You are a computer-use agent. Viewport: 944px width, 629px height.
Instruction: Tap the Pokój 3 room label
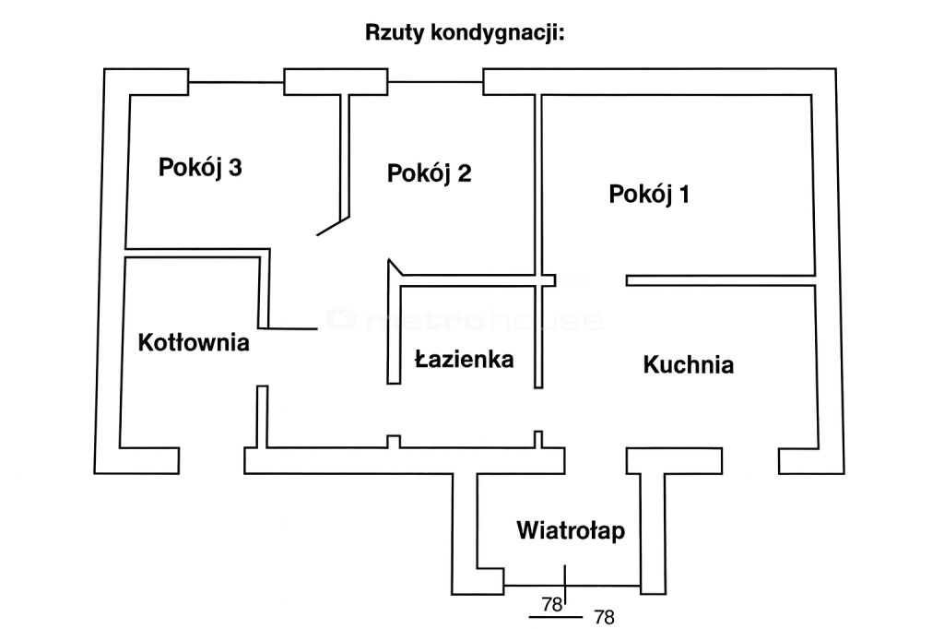tap(200, 168)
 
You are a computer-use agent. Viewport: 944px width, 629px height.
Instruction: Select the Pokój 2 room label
tap(430, 172)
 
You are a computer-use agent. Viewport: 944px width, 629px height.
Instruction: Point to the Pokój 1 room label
tap(650, 195)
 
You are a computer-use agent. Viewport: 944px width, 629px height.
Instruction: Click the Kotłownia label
tap(194, 342)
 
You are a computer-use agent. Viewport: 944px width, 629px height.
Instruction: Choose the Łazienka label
tap(463, 359)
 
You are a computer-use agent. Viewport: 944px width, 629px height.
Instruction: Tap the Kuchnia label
tap(688, 364)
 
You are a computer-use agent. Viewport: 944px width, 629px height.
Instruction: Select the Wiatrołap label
tap(571, 530)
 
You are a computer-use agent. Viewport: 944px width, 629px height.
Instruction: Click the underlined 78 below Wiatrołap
tap(551, 605)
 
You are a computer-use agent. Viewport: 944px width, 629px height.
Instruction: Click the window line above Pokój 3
tap(236, 82)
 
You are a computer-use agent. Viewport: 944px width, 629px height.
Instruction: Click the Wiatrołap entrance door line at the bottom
tap(572, 585)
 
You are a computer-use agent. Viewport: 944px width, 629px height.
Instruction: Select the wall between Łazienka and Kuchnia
tap(537, 337)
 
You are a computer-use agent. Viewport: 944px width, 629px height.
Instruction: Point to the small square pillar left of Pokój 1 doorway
tap(549, 280)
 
